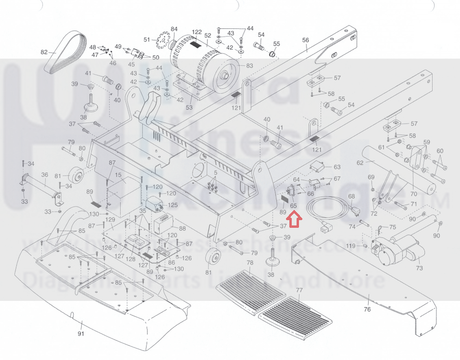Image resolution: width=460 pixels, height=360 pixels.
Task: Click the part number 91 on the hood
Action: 81,334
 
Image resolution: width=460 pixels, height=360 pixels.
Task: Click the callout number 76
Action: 367,309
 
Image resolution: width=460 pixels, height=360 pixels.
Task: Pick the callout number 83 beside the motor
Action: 249,66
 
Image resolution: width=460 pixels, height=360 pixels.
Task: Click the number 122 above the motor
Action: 197,32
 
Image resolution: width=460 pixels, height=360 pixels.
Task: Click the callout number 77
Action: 299,290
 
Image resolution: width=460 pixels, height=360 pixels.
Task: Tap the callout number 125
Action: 173,206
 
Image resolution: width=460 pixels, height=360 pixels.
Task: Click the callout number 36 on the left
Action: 45,175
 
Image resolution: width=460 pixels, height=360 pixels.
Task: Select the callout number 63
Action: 337,167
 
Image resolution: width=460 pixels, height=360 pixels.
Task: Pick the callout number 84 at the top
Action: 174,29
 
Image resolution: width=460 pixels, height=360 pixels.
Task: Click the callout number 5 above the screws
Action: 216,172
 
